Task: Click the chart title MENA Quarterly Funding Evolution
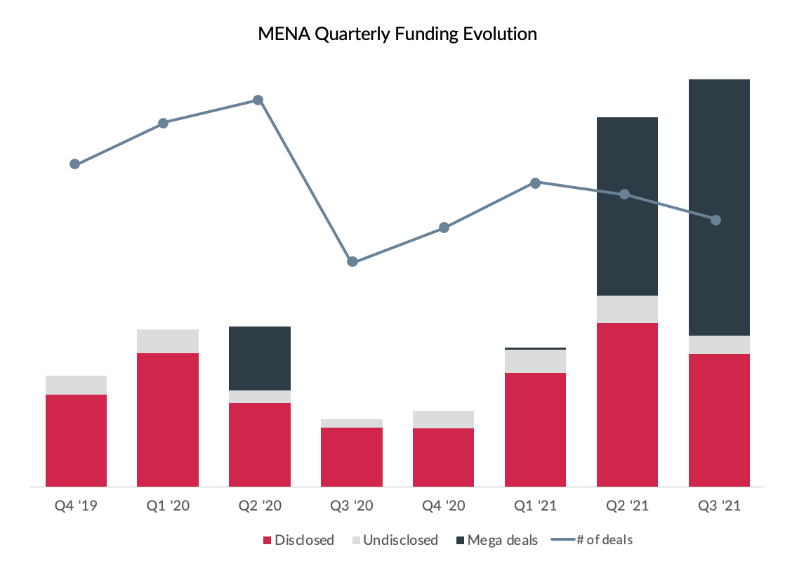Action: [x=397, y=34]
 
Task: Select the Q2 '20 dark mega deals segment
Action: [x=260, y=358]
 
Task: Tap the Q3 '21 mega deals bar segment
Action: [x=719, y=207]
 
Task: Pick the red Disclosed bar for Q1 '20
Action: [x=168, y=419]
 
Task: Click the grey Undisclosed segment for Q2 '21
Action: [x=627, y=309]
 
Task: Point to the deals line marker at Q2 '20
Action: [x=258, y=100]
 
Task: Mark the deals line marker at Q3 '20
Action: [x=352, y=262]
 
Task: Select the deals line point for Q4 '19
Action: [x=75, y=164]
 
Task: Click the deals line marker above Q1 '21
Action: [x=536, y=183]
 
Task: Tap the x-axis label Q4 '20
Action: [x=443, y=506]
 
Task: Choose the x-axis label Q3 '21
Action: [x=719, y=506]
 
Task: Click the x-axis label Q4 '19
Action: [x=76, y=506]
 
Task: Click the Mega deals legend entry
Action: [x=496, y=540]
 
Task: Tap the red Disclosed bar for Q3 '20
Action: [x=352, y=456]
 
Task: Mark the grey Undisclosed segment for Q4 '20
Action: [x=443, y=419]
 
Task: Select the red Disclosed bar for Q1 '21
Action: [x=535, y=429]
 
